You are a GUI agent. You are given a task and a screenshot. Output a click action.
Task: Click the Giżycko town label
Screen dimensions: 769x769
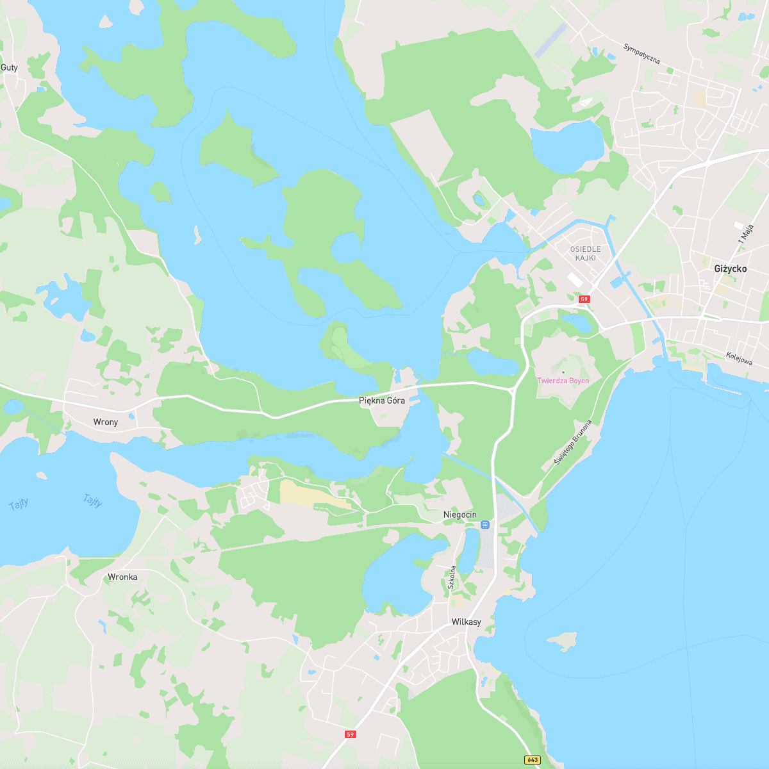click(x=730, y=269)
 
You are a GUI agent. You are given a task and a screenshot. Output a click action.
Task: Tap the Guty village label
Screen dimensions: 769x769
click(x=9, y=67)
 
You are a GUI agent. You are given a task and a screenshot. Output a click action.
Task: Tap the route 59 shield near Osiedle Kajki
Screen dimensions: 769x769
click(x=584, y=299)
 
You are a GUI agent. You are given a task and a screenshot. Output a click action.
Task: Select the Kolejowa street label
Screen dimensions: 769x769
click(x=739, y=358)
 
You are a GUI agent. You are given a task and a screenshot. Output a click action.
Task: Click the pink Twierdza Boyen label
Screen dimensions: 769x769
click(x=563, y=381)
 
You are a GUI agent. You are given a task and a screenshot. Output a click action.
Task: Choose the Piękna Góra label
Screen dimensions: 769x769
click(x=382, y=401)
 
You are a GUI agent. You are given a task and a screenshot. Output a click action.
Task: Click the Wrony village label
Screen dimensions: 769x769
click(x=106, y=422)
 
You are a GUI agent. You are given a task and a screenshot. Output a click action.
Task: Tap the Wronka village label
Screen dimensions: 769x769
click(x=122, y=577)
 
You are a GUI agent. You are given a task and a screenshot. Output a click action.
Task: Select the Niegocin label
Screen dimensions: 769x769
click(x=460, y=515)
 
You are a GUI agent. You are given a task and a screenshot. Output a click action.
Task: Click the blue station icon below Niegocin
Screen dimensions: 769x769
click(x=485, y=525)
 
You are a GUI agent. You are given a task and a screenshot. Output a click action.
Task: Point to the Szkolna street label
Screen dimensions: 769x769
click(x=452, y=577)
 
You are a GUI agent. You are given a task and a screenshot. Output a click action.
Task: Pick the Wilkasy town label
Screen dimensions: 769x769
click(x=466, y=622)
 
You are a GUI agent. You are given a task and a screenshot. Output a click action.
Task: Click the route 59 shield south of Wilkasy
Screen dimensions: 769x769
click(x=350, y=734)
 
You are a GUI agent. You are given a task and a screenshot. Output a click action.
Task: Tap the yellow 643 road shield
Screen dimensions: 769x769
click(x=531, y=760)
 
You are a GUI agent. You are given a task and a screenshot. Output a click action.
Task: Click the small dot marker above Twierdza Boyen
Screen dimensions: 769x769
click(x=563, y=372)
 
